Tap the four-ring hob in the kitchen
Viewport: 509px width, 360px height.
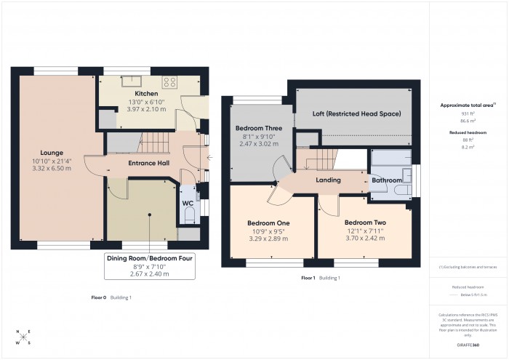pos(170,81)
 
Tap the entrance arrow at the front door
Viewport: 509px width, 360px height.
pos(209,157)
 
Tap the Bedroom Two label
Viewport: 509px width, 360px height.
pos(364,223)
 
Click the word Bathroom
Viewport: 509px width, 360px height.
pos(388,180)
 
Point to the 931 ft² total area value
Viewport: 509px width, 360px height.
pos(468,115)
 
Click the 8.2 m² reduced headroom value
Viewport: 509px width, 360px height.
pos(468,146)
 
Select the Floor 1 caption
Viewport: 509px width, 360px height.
pos(308,278)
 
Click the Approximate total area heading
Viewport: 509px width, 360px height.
pos(467,105)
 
